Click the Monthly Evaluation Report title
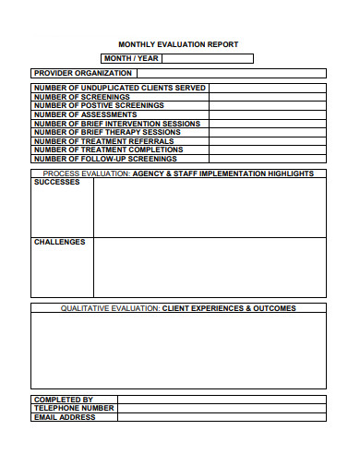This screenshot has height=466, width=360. click(x=178, y=44)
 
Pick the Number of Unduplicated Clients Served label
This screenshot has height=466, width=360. click(x=119, y=88)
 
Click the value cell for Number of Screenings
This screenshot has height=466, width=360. click(x=267, y=97)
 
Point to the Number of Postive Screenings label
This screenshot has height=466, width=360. click(x=99, y=105)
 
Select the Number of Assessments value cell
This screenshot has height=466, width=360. click(x=267, y=114)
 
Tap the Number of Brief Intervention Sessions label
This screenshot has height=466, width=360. click(x=116, y=124)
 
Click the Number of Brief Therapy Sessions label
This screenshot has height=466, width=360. click(x=107, y=132)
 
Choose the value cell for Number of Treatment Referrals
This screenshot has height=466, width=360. click(x=267, y=141)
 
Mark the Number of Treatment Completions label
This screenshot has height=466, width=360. click(x=108, y=149)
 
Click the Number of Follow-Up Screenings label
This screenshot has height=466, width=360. click(x=104, y=159)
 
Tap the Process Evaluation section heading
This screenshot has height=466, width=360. click(x=178, y=173)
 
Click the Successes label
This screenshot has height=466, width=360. click(x=57, y=183)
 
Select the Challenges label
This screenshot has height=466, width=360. click(x=59, y=243)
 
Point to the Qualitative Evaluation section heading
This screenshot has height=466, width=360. click(x=178, y=308)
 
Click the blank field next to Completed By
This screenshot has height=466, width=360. click(x=222, y=400)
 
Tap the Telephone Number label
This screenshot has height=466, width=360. click(x=74, y=408)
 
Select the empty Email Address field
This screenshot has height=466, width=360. click(x=222, y=417)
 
